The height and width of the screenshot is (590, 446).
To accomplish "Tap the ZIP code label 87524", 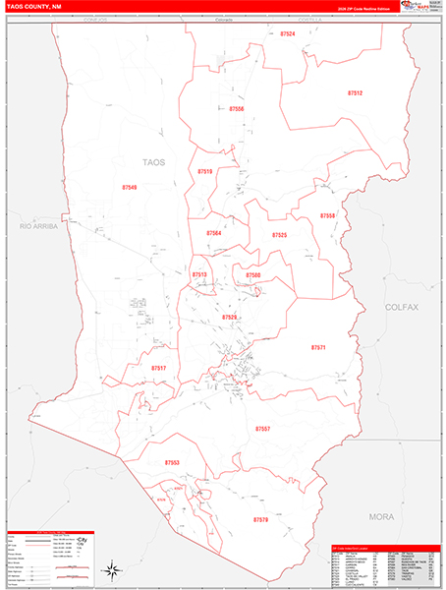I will click(x=287, y=33).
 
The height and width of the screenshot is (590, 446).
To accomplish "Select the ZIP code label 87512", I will click(x=355, y=92).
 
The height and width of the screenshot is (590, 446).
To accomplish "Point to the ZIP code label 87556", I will click(x=236, y=108).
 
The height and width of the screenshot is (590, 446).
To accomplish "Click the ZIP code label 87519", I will click(x=204, y=171).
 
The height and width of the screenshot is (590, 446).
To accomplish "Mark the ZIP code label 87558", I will click(x=327, y=215).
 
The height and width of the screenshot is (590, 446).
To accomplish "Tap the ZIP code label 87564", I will click(x=214, y=233).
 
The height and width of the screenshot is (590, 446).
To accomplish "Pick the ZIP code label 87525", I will click(x=280, y=236).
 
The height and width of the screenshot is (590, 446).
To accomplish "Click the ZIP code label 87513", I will click(x=199, y=274).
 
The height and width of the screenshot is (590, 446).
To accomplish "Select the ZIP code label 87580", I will click(x=253, y=275).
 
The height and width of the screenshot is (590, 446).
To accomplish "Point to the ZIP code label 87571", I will click(x=318, y=347).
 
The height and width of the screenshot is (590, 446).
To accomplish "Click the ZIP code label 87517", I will click(x=159, y=368).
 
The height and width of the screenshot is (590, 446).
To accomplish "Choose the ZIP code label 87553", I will click(x=173, y=461).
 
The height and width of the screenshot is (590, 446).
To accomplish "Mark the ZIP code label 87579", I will click(x=260, y=518).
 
